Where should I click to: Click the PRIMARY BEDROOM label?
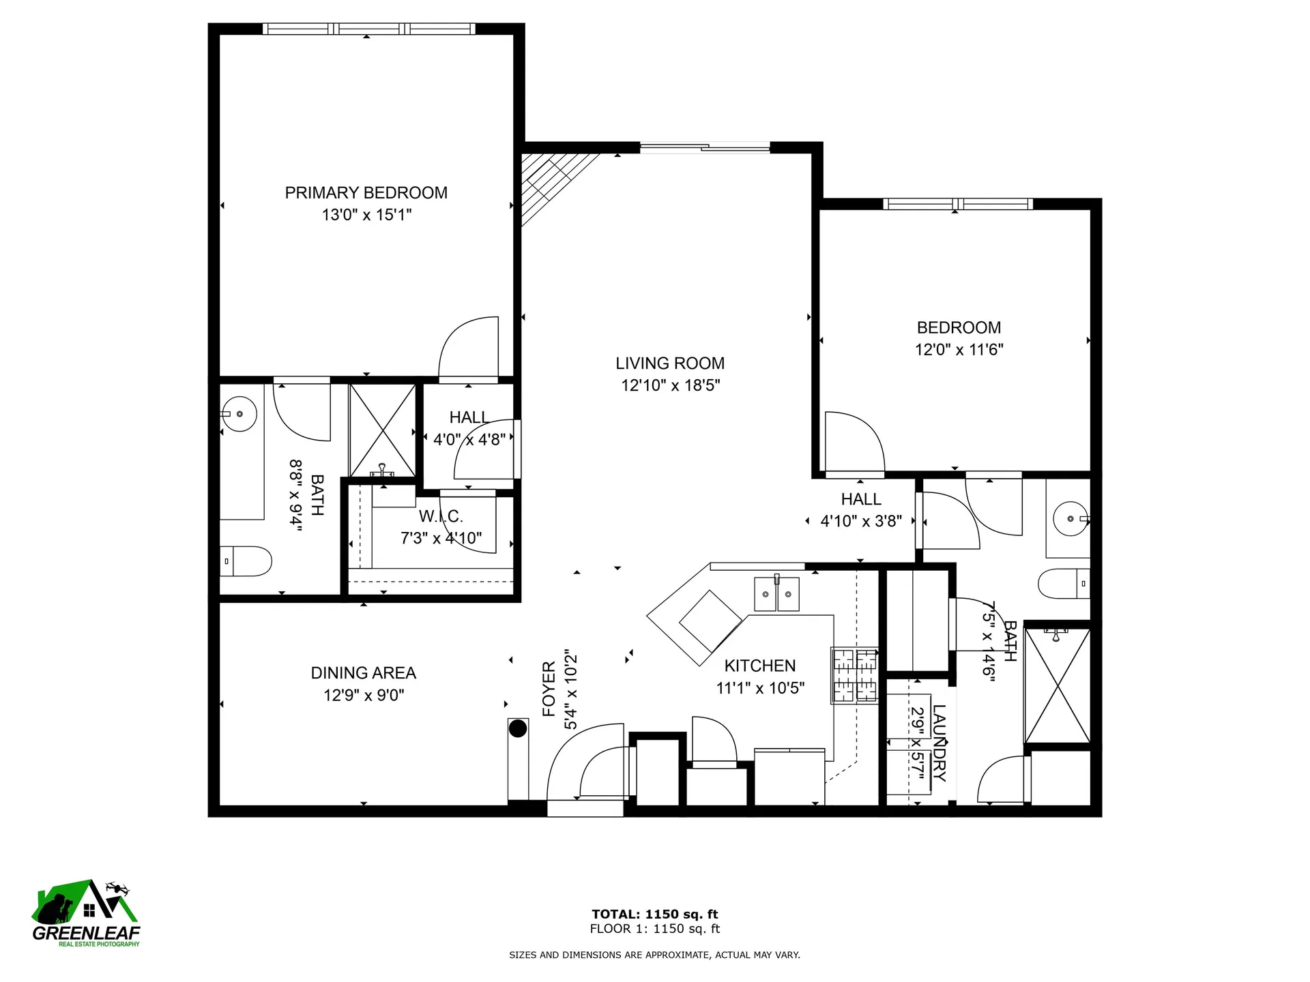point(366,193)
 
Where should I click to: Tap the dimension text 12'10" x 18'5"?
point(671,385)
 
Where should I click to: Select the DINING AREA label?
point(364,673)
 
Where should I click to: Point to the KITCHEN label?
point(760,666)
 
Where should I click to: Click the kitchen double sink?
point(776,593)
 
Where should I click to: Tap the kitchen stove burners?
point(854,675)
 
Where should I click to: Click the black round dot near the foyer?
point(518,728)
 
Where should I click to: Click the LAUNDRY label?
point(940,743)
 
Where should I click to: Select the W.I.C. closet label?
point(441,516)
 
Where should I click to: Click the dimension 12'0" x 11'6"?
point(959,350)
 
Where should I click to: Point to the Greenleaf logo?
point(86,913)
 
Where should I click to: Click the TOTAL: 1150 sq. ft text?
point(655,914)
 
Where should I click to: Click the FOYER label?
point(549,689)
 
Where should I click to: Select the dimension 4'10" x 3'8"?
point(861,522)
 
